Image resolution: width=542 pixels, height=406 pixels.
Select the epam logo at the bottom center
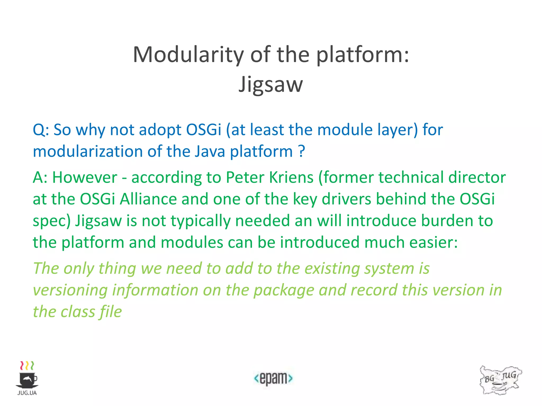(273, 379)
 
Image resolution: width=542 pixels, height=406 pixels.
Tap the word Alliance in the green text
(148, 199)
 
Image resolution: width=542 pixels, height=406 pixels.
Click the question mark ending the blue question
(301, 151)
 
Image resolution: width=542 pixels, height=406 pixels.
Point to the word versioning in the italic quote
(70, 290)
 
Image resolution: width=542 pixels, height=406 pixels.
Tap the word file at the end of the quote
(111, 312)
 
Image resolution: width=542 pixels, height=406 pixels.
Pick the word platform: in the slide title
(363, 55)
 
